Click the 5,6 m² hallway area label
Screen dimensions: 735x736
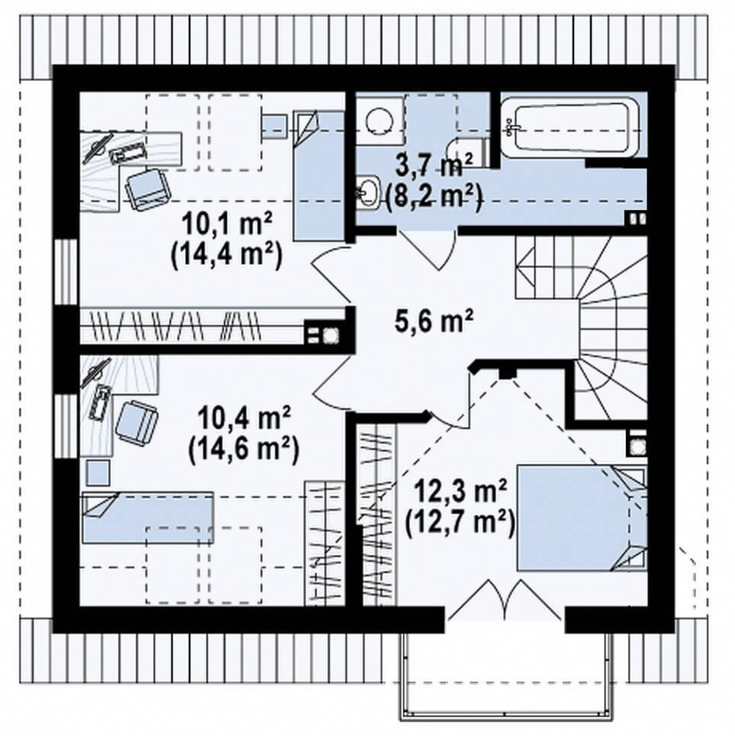point(434,322)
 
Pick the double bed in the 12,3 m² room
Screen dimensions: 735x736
point(582,518)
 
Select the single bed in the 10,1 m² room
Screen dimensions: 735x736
point(319,175)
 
